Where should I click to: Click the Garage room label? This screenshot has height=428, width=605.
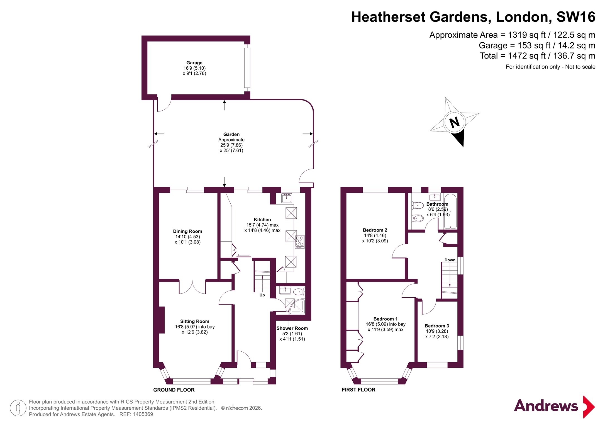point(194,63)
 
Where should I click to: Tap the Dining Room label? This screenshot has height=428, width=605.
point(187,231)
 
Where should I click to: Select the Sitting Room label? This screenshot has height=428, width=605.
point(194,321)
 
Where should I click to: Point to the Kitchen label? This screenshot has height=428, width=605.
point(262,220)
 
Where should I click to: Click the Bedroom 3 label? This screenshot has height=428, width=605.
point(437,326)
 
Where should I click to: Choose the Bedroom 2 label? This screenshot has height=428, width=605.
point(375,230)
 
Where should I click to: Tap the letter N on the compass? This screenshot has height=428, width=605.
point(454,122)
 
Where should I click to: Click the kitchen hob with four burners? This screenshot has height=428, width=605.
point(300,242)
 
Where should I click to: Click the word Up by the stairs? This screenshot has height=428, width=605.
point(262,295)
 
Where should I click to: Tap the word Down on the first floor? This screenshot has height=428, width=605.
point(450,260)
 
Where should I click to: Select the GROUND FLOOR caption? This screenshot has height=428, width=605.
point(174,390)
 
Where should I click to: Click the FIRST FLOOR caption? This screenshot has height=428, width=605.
point(358,390)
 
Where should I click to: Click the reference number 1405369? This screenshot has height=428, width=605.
point(143,414)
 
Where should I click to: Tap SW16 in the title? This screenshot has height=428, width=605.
point(576,17)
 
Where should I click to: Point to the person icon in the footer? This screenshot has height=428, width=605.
point(18,408)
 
